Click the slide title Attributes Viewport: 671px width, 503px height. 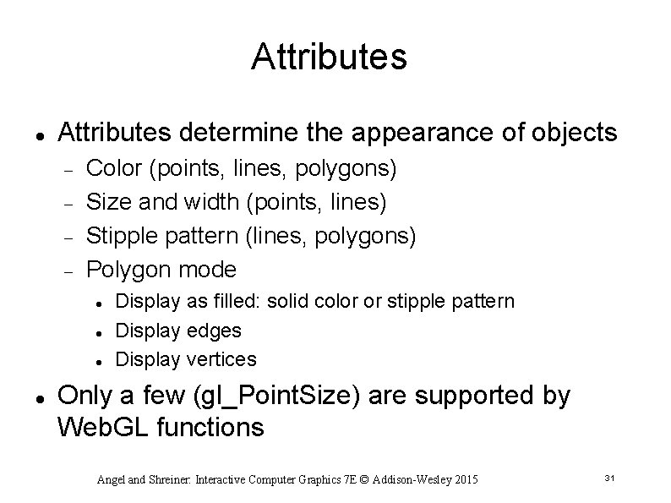(x=329, y=57)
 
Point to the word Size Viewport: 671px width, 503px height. (x=106, y=202)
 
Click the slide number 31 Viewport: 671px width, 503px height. (x=608, y=478)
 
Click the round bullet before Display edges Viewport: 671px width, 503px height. (x=100, y=331)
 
